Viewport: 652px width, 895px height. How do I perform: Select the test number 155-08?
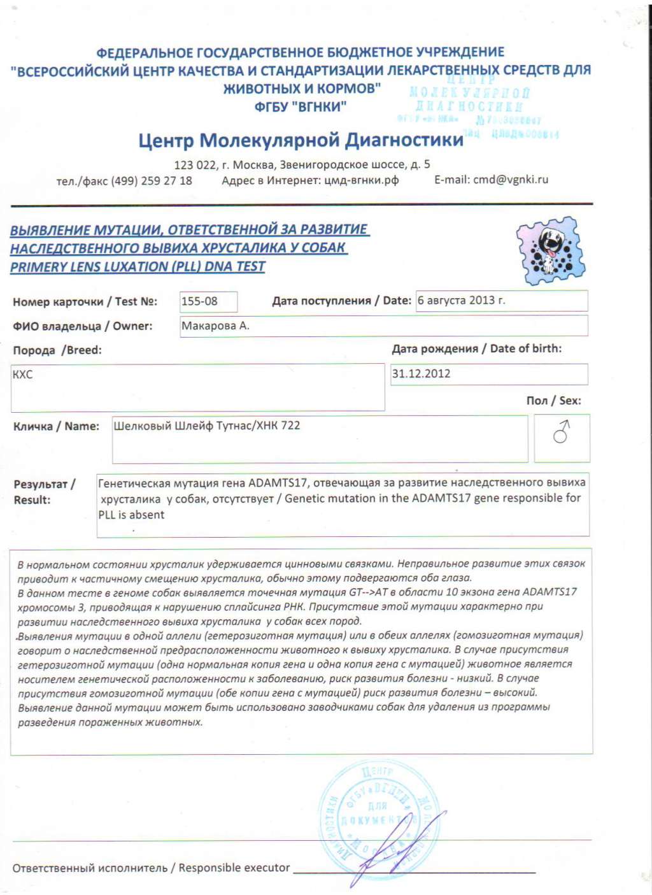199,301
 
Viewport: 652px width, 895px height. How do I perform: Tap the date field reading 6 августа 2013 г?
462,300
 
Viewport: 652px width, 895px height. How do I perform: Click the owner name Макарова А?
215,326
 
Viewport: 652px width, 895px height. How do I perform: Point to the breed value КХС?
22,375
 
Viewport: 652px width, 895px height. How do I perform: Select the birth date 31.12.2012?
421,374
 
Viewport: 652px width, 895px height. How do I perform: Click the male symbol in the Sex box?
562,432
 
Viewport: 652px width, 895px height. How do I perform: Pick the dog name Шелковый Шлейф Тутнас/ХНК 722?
206,426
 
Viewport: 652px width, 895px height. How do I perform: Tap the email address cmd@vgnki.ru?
510,180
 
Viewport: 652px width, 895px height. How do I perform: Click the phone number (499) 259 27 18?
152,181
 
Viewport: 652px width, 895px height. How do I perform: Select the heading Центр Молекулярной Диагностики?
301,140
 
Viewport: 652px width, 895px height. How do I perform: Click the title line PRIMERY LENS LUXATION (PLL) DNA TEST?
138,267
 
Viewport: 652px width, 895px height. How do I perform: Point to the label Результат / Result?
44,492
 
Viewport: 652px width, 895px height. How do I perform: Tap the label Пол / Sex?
553,401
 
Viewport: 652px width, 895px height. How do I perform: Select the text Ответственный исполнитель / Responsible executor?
151,868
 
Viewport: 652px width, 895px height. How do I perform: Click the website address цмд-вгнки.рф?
361,180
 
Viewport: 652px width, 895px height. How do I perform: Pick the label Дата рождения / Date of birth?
476,348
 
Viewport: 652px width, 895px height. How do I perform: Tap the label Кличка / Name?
56,426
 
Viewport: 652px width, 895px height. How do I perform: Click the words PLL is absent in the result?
131,515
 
